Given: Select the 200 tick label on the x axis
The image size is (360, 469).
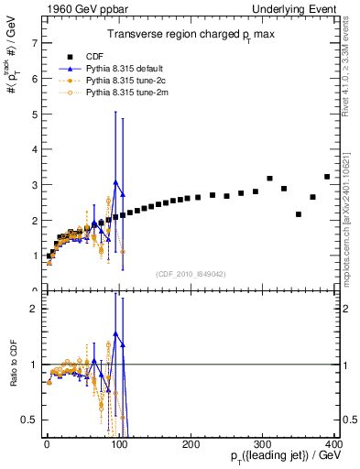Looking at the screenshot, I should click(x=191, y=442).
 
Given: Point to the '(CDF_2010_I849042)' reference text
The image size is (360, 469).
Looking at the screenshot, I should click(x=191, y=273).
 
